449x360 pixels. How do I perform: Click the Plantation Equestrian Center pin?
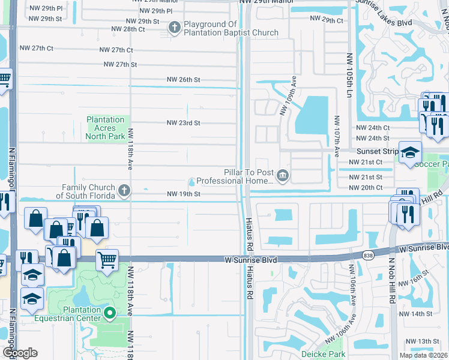(110, 313)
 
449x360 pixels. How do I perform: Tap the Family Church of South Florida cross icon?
(124, 191)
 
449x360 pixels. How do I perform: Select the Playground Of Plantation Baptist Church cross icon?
(175, 27)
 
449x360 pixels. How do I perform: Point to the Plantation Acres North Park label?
(106, 128)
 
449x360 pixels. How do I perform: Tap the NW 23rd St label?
(183, 123)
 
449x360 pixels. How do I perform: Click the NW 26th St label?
(183, 79)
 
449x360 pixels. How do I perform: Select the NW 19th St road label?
(183, 194)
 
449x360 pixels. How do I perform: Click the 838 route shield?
(368, 255)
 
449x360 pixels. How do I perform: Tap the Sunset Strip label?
(378, 152)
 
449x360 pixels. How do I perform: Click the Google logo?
(20, 353)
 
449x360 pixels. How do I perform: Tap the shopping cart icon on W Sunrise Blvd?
(107, 260)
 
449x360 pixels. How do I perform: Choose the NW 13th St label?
(427, 341)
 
